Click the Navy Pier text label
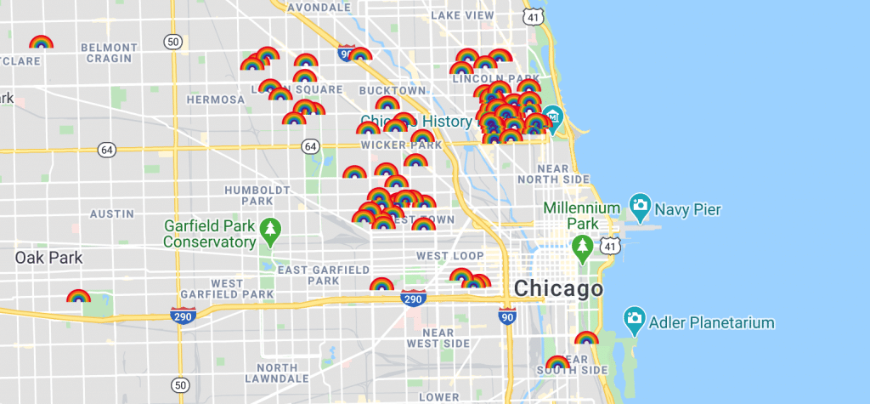tap(687, 209)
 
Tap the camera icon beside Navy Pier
tap(639, 204)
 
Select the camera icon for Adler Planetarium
tap(633, 319)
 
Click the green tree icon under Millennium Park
tap(582, 248)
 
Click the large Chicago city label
tap(558, 289)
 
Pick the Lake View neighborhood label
tap(462, 15)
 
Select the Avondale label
tap(296, 7)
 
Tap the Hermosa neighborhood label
tap(215, 100)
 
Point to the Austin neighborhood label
tap(112, 213)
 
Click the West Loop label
tap(449, 256)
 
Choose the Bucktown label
tap(392, 90)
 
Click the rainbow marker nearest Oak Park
tap(78, 297)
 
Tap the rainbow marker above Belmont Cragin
tap(40, 43)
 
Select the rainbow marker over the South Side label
tap(557, 363)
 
